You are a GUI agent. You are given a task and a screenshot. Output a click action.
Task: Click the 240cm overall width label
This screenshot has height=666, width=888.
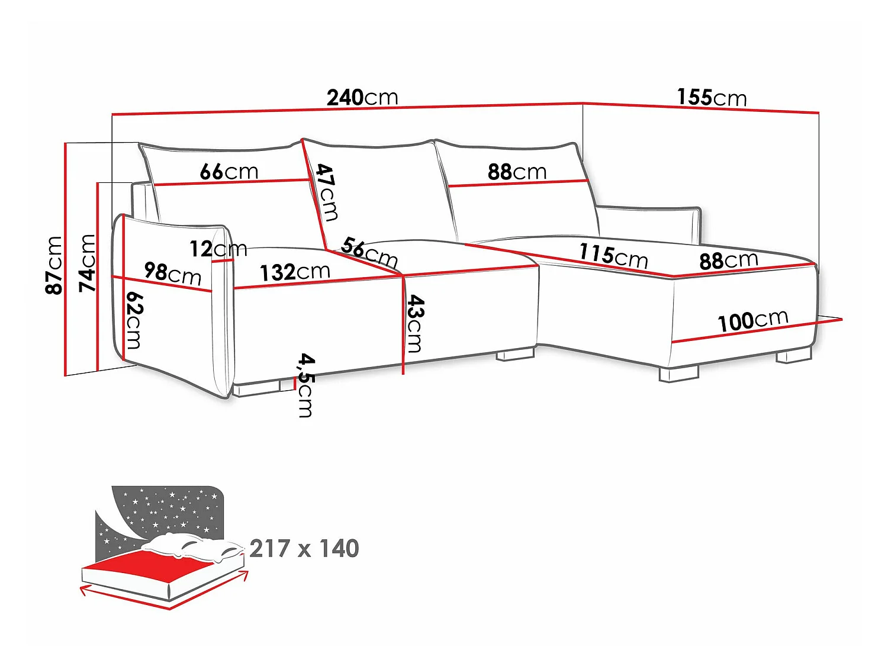click(x=362, y=98)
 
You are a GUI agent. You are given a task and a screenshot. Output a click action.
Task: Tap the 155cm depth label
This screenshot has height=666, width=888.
click(x=712, y=98)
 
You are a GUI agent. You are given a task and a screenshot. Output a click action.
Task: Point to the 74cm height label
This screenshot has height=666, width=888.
click(x=87, y=263)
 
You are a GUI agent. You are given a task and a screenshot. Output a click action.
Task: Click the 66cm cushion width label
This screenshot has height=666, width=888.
click(x=229, y=172)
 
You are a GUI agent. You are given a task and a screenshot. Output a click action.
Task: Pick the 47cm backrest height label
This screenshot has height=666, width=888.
click(x=327, y=192)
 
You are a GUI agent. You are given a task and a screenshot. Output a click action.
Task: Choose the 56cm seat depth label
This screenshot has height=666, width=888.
click(x=369, y=252)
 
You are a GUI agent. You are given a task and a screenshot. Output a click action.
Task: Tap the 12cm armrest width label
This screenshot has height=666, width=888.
click(x=218, y=249)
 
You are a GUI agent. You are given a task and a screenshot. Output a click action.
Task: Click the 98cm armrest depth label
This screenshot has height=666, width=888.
click(x=173, y=274)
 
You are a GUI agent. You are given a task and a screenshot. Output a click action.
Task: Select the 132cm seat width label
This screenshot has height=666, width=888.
click(x=295, y=272)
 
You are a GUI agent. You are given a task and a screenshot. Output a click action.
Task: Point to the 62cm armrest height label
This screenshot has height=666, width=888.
click(x=134, y=320)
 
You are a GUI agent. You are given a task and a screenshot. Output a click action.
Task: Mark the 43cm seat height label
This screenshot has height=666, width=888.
click(x=415, y=323)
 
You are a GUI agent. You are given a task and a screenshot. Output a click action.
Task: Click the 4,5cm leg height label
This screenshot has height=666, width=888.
click(x=305, y=385)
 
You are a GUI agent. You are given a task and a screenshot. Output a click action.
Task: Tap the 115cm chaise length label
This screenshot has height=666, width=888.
click(x=613, y=256)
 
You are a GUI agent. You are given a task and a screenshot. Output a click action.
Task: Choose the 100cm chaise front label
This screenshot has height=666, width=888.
click(x=753, y=321)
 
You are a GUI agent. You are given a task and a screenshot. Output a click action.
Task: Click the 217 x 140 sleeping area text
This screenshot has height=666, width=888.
click(x=304, y=548)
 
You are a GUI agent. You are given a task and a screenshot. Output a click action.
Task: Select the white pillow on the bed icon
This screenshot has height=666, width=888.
click(x=192, y=546)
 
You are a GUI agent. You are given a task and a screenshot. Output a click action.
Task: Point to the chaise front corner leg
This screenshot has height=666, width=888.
click(x=679, y=374)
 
